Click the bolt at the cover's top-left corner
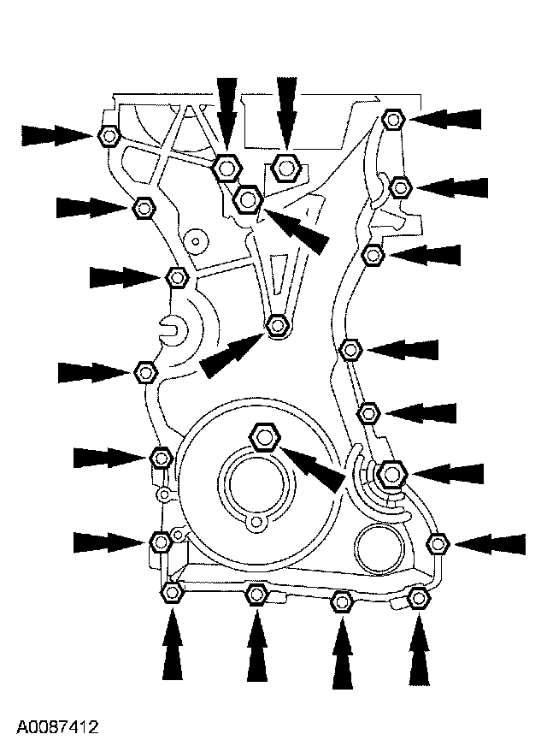(x=109, y=135)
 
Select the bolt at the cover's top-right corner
(x=392, y=118)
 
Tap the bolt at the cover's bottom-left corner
(x=173, y=592)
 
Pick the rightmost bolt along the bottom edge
(x=418, y=599)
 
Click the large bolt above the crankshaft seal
(x=264, y=438)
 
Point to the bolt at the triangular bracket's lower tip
(x=276, y=325)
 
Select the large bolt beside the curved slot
(x=391, y=473)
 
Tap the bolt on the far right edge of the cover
(x=438, y=542)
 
